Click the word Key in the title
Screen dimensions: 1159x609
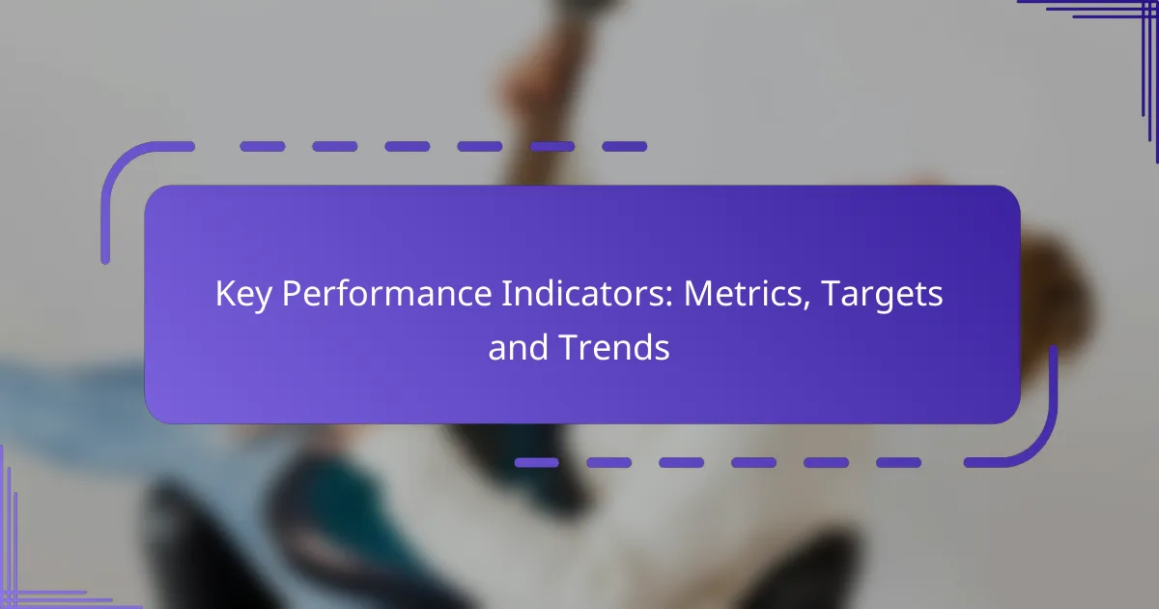click(243, 295)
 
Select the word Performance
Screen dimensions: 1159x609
click(386, 294)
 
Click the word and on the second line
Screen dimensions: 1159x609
click(519, 347)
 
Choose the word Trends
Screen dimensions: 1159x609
click(614, 347)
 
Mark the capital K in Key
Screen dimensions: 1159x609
click(226, 294)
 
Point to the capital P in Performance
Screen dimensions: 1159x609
click(292, 294)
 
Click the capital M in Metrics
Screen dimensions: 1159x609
click(698, 294)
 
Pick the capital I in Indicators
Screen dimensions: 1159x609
click(505, 294)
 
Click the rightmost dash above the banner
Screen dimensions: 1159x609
click(625, 147)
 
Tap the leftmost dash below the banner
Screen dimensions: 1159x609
click(537, 462)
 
